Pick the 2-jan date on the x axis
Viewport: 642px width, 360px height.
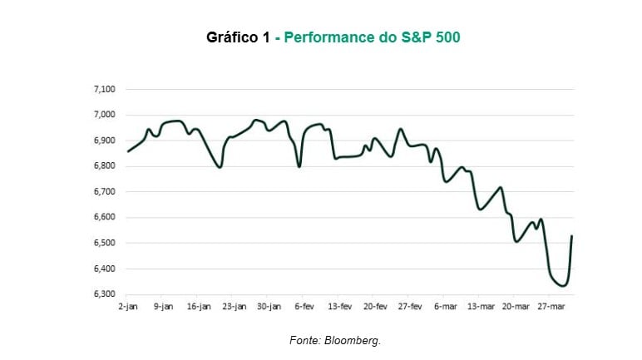tap(127, 306)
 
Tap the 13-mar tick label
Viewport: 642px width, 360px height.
tap(481, 306)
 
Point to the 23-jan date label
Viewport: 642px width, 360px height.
tap(234, 306)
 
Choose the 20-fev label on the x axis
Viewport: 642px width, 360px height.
tap(376, 306)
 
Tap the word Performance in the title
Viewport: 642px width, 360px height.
tap(335, 38)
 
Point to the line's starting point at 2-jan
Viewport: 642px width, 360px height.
tap(127, 151)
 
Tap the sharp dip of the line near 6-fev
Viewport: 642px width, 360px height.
tap(299, 166)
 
